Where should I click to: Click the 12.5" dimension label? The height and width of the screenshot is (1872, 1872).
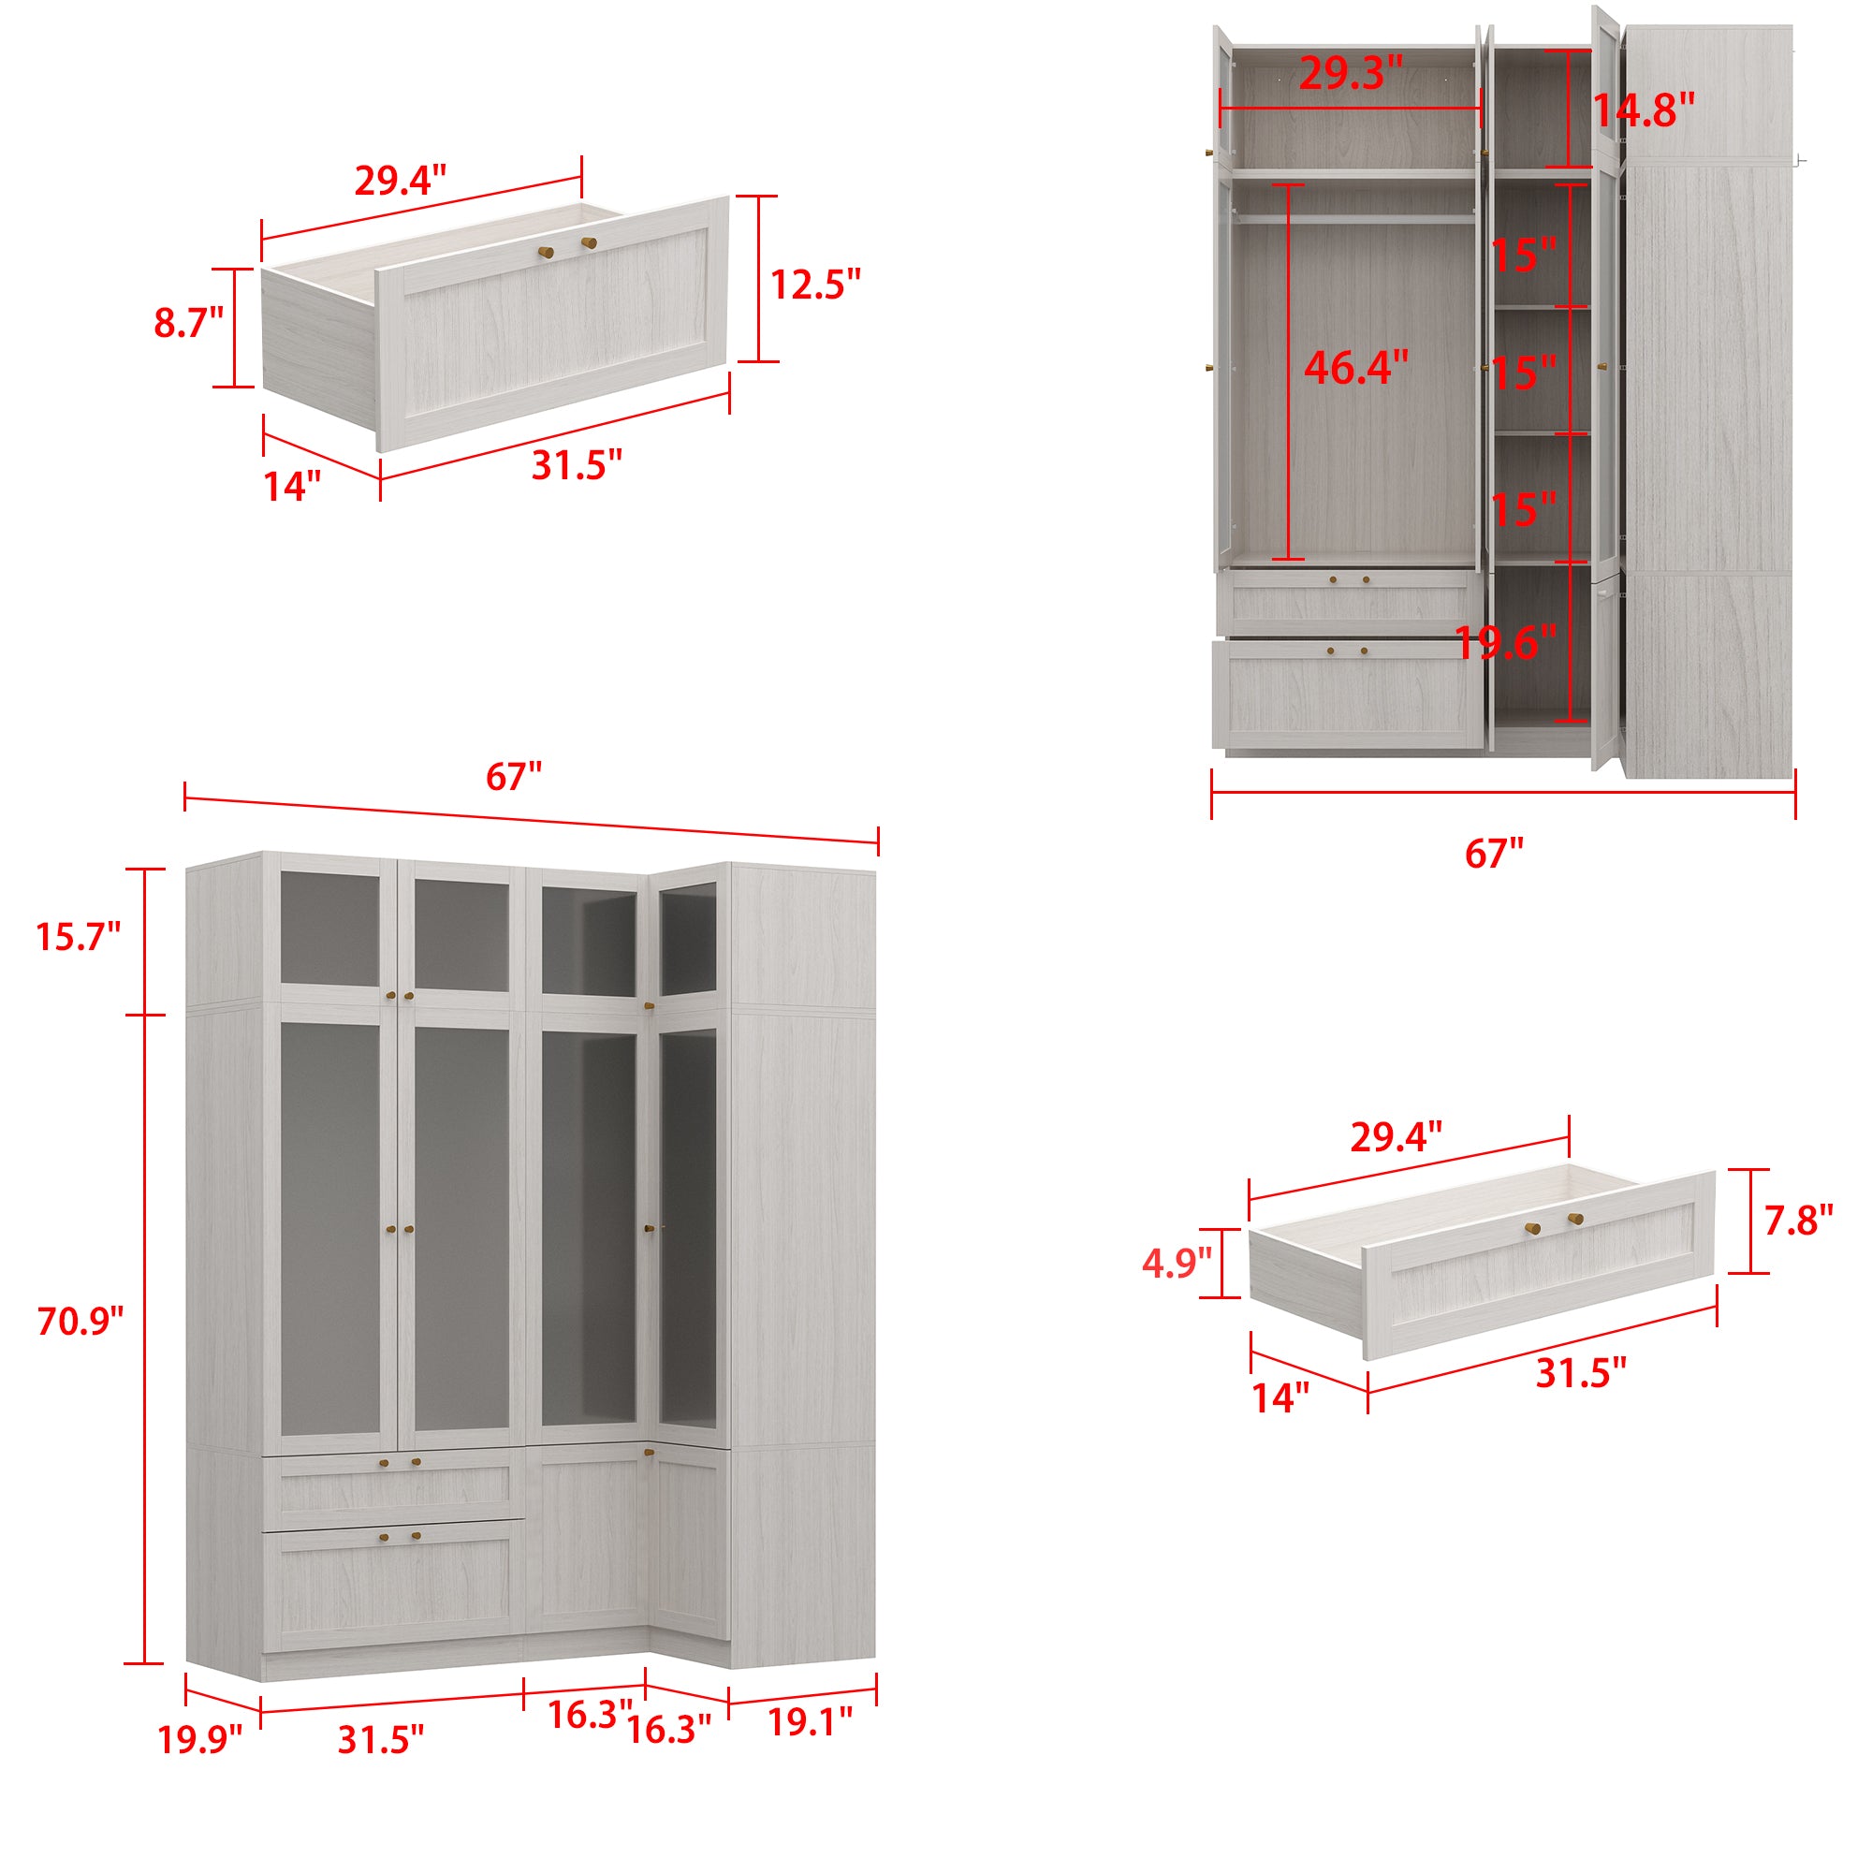[x=815, y=284]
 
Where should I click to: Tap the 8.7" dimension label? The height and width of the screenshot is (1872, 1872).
[x=188, y=323]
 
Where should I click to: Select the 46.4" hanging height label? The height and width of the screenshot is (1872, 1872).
[x=1355, y=367]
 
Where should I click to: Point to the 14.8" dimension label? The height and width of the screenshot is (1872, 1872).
[x=1645, y=110]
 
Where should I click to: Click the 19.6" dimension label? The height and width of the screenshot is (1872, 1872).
[x=1506, y=642]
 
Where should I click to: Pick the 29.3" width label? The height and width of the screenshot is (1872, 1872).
[x=1351, y=73]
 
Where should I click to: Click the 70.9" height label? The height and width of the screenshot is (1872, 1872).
[x=80, y=1322]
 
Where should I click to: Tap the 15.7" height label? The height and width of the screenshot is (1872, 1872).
[x=78, y=937]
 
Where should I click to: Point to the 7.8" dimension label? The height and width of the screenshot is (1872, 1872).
[x=1798, y=1221]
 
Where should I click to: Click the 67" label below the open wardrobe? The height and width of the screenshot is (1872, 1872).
[x=1494, y=854]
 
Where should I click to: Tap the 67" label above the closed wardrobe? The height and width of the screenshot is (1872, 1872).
[x=514, y=777]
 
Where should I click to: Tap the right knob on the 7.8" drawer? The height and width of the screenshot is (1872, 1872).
[x=1574, y=1218]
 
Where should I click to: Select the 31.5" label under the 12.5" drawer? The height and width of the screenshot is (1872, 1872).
[x=577, y=465]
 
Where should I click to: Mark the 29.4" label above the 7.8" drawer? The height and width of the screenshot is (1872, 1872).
[x=1397, y=1137]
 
